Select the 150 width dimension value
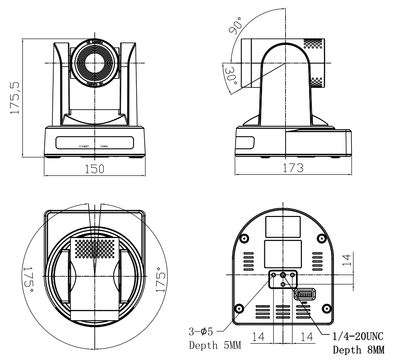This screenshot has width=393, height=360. tap(95, 169)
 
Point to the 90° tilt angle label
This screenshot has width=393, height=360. tap(236, 23)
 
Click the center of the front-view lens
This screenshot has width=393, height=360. tap(95, 62)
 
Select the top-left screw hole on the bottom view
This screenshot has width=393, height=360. tap(244, 238)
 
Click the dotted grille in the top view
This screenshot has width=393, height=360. tap(95, 247)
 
